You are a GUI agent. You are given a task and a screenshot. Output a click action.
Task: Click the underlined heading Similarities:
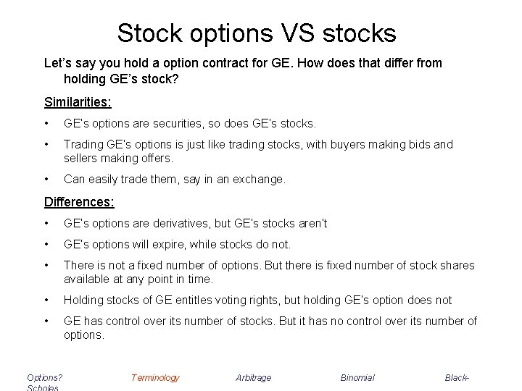click(x=78, y=101)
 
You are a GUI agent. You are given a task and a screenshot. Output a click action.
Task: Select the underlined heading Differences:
click(x=78, y=201)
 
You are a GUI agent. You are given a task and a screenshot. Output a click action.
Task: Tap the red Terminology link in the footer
click(x=155, y=377)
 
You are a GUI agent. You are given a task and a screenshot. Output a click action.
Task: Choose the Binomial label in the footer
click(x=357, y=377)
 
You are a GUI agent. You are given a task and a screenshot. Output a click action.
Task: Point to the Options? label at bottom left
click(x=44, y=377)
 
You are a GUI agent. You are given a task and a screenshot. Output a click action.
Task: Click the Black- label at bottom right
click(x=457, y=377)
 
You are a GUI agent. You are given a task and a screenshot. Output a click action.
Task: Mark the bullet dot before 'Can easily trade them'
click(x=46, y=178)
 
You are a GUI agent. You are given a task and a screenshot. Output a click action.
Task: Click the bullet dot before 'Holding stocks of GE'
click(x=46, y=300)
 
